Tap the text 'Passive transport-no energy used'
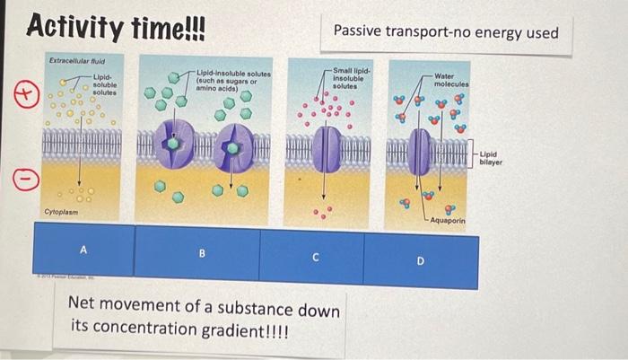click(445, 33)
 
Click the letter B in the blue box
click(202, 253)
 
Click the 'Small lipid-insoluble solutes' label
click(347, 77)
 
